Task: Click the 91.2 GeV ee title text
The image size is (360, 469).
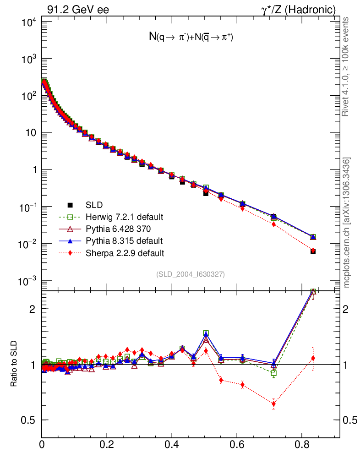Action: [x=78, y=10]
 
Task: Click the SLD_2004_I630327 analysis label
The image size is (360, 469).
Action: [x=191, y=274]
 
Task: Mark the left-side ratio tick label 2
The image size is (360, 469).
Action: [x=32, y=309]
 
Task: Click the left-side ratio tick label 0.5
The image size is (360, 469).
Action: [x=28, y=420]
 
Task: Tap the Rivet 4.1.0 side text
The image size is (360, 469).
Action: [x=347, y=66]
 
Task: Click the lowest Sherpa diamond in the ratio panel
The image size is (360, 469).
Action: [x=274, y=404]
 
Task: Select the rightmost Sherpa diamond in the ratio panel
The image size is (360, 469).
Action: [x=313, y=358]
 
